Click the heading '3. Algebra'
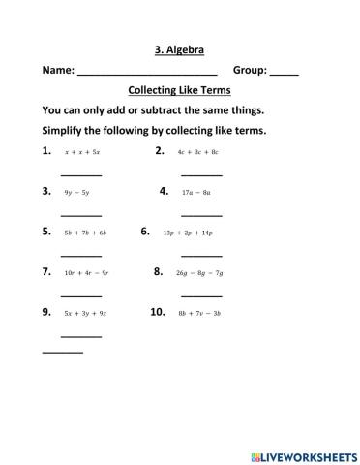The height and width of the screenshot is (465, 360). coord(180,48)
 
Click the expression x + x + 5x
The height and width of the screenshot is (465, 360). coord(82,152)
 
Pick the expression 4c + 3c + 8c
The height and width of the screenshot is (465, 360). coord(198,152)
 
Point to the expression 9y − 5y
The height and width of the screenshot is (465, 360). coord(76,193)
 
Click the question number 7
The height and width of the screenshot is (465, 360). coord(46,272)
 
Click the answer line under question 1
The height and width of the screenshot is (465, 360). coord(81,174)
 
